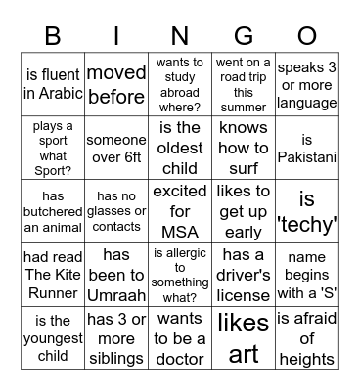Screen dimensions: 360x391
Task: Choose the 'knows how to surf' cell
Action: pos(243,147)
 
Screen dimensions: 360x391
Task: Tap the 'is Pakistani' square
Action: pos(305,147)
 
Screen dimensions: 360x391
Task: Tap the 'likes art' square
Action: pos(243,337)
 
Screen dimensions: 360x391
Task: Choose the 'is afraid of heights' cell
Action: pos(305,337)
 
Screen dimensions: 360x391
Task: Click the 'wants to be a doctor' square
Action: pos(180,337)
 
